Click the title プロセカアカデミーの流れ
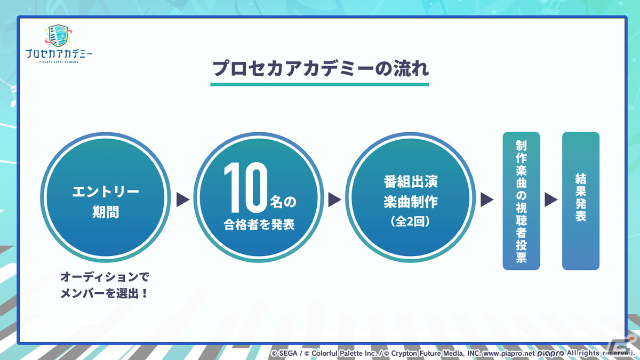[x=320, y=69]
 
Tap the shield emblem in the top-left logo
[x=58, y=35]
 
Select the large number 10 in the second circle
[x=246, y=187]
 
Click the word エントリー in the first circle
[x=106, y=191]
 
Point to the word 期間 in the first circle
[x=106, y=212]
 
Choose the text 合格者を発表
[x=259, y=225]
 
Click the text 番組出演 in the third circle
[x=411, y=181]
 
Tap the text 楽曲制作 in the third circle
[x=411, y=202]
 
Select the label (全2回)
[x=410, y=221]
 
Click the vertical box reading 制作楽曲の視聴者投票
[x=521, y=201]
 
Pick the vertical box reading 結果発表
[x=581, y=201]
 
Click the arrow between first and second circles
[x=183, y=199]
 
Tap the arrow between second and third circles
[x=334, y=199]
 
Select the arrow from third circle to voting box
[x=487, y=199]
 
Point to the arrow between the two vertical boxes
[x=551, y=199]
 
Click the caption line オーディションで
[x=105, y=277]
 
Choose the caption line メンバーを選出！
[x=105, y=293]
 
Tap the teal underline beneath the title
[x=319, y=85]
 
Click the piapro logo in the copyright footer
[x=550, y=354]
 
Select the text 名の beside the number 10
[x=283, y=202]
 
